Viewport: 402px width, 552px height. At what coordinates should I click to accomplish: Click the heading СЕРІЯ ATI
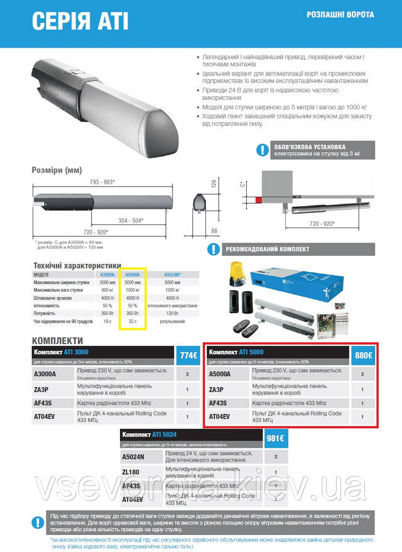click(x=80, y=21)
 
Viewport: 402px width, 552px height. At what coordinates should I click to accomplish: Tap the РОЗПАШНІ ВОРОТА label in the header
click(x=340, y=14)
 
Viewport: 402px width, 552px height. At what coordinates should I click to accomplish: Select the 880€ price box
click(x=364, y=355)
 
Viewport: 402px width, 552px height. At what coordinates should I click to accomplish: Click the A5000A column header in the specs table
click(x=132, y=274)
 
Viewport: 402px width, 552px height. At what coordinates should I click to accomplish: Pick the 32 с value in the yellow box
click(x=132, y=321)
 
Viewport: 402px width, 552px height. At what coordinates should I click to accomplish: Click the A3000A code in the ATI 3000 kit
click(x=45, y=374)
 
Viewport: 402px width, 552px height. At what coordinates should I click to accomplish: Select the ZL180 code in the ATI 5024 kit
click(x=131, y=470)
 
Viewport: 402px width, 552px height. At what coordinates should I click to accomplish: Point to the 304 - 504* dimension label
click(x=131, y=220)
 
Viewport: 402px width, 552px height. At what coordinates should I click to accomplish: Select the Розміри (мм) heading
click(x=57, y=170)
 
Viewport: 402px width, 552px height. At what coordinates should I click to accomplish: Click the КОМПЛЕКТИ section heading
click(x=62, y=340)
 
